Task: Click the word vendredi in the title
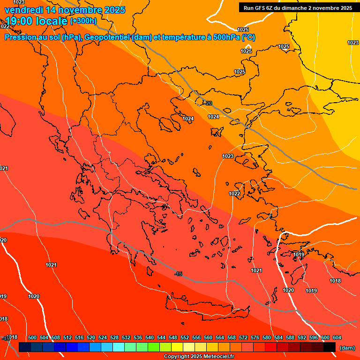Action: click(x=23, y=10)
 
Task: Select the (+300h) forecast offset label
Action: click(x=83, y=21)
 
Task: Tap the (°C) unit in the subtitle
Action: click(x=248, y=37)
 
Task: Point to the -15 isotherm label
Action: click(x=178, y=274)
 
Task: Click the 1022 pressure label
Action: click(x=234, y=194)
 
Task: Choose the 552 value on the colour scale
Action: click(x=185, y=337)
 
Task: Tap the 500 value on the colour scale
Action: click(x=32, y=337)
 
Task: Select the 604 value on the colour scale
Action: click(x=337, y=337)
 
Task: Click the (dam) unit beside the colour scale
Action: click(x=347, y=348)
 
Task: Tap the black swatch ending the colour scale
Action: click(x=330, y=347)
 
